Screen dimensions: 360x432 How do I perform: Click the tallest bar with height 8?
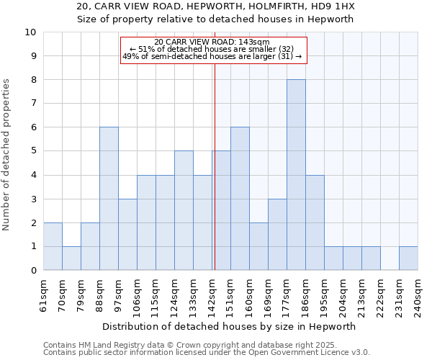[296, 175]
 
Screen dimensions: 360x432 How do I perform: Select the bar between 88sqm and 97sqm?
[109, 199]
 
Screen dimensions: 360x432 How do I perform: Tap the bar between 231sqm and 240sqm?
[408, 258]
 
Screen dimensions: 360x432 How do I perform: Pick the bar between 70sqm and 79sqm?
[71, 258]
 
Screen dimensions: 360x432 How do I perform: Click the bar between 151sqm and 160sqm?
[240, 199]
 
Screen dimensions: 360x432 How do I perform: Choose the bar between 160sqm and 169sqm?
[258, 246]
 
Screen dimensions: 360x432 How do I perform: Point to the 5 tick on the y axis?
[33, 151]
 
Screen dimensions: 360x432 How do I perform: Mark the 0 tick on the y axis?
[33, 271]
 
